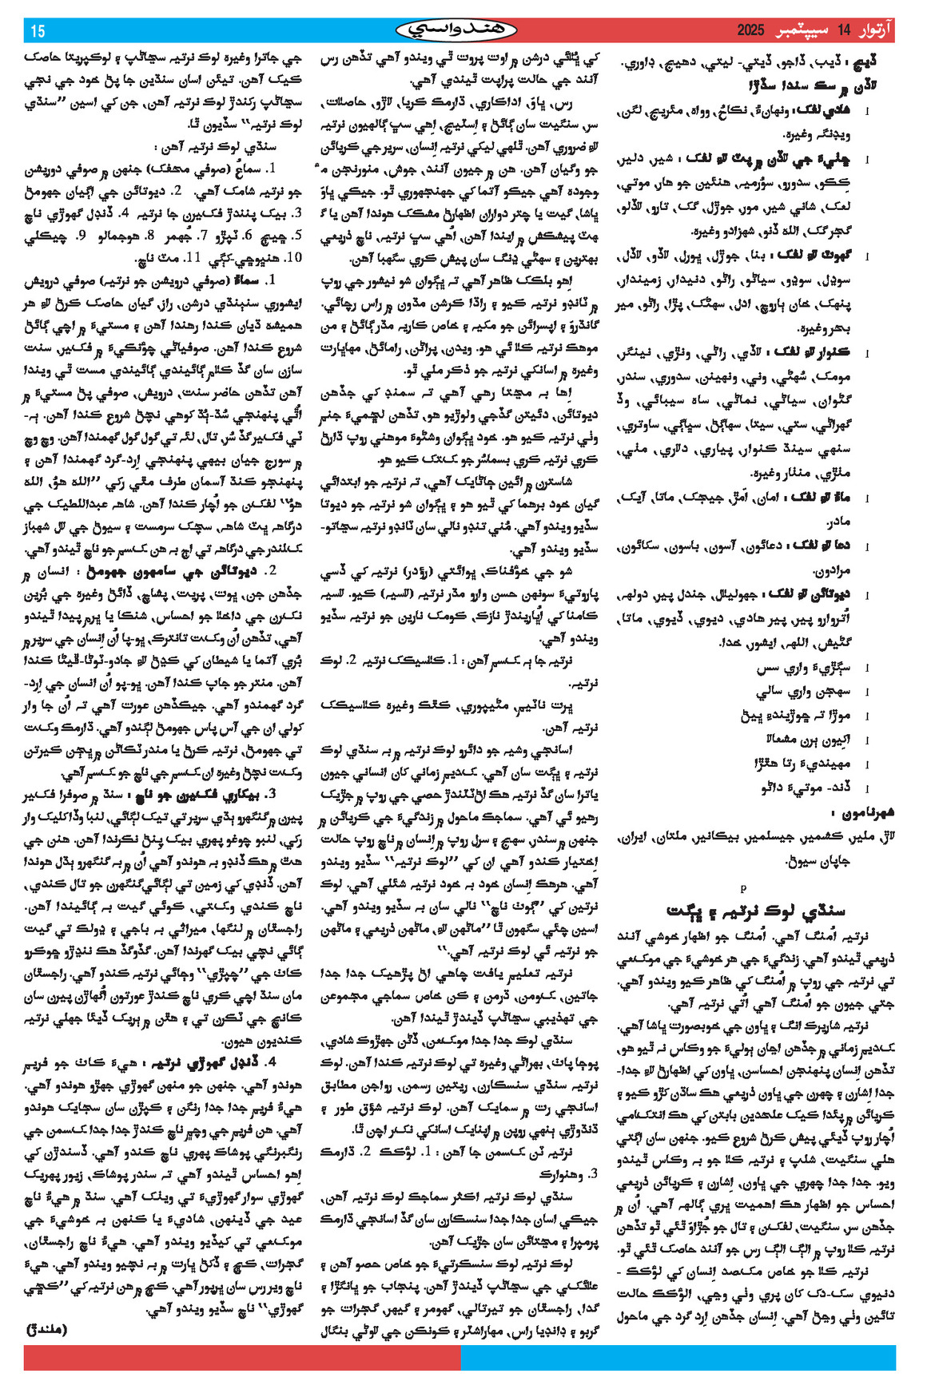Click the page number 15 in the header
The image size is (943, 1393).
[38, 31]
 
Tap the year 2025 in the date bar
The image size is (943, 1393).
[750, 31]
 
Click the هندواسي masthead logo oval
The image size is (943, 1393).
[456, 30]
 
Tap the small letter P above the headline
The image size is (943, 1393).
[743, 887]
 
